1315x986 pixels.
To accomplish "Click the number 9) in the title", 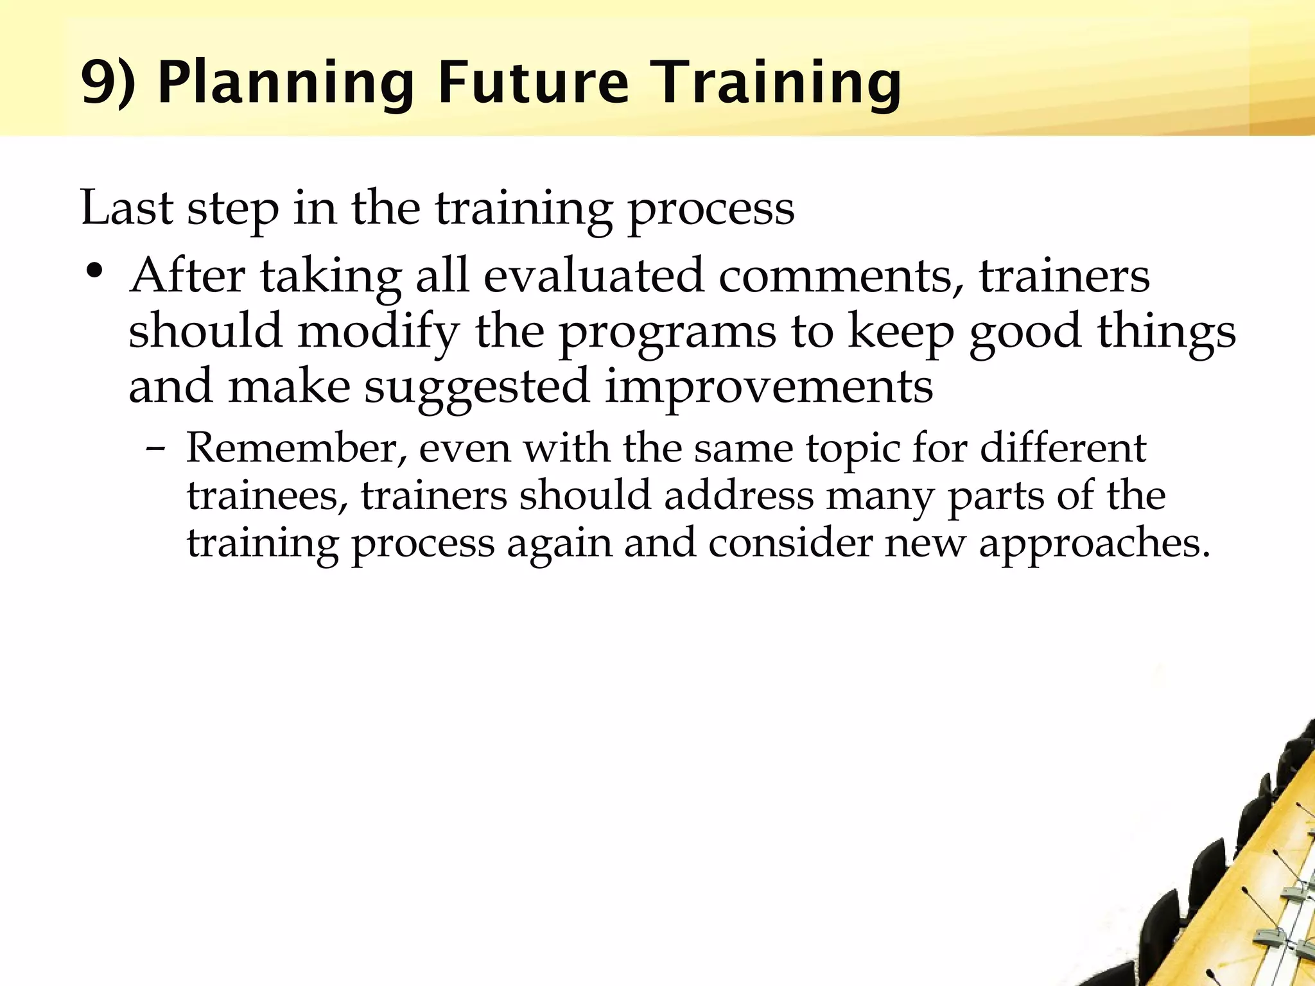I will pos(108,83).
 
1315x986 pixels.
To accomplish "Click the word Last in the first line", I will pos(127,208).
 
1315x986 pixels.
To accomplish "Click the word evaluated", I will pos(593,276).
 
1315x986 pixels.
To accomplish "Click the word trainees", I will pos(267,496).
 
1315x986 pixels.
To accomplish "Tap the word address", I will pos(738,496).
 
